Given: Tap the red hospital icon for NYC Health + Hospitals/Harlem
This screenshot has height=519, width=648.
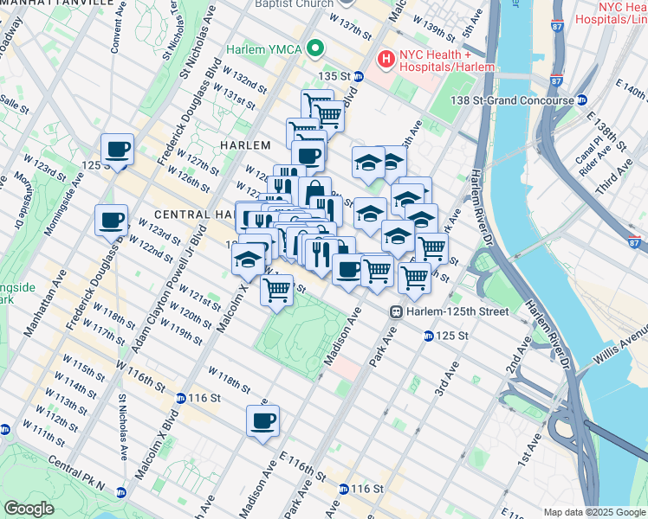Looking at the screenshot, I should [x=386, y=59].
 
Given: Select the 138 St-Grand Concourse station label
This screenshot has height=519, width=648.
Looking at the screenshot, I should [x=511, y=100].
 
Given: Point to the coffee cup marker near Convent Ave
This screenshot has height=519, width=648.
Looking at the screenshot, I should [x=117, y=150].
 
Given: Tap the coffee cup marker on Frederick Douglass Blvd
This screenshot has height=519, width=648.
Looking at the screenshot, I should [x=111, y=220].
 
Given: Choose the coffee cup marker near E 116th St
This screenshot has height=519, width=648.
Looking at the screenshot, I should [x=262, y=421].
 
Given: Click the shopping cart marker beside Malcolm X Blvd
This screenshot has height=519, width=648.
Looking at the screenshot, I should [x=276, y=290].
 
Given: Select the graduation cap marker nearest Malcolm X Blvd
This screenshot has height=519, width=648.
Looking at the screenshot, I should [x=249, y=260].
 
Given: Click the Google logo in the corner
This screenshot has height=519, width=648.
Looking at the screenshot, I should [x=29, y=508].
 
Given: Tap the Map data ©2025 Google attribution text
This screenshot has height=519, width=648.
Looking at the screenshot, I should [x=593, y=511].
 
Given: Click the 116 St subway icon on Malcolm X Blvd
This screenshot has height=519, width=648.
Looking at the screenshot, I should [x=180, y=398].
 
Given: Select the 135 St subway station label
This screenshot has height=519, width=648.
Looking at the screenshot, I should [x=339, y=76].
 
